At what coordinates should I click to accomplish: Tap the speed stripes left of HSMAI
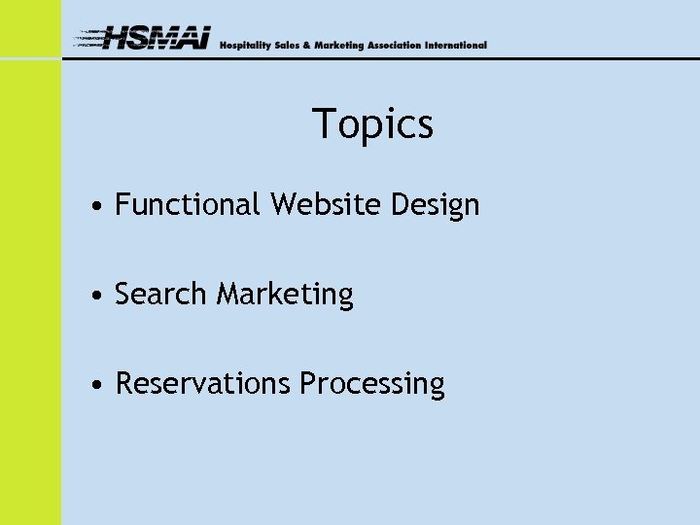pyautogui.click(x=90, y=39)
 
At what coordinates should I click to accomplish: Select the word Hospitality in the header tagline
pyautogui.click(x=244, y=46)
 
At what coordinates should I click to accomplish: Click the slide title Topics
pyautogui.click(x=372, y=124)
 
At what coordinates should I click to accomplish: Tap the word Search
pyautogui.click(x=160, y=294)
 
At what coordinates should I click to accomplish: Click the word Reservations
pyautogui.click(x=202, y=384)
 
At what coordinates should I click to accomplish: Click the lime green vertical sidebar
pyautogui.click(x=30, y=292)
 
